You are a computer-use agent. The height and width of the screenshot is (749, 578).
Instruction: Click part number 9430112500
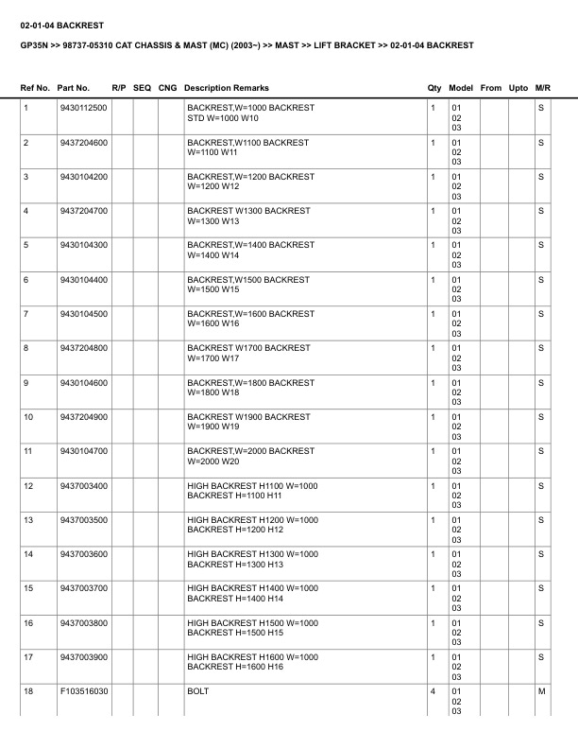[x=83, y=108]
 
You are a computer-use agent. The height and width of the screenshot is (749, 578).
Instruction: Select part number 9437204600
[x=83, y=142]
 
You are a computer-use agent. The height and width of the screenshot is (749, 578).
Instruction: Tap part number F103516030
[x=83, y=691]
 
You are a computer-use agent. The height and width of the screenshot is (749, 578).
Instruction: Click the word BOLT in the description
[x=198, y=691]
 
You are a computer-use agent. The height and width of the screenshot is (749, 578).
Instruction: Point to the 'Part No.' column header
[x=74, y=88]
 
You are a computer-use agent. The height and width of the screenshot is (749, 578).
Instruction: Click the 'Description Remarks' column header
[x=227, y=88]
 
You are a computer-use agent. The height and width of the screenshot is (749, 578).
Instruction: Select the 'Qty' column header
[x=434, y=88]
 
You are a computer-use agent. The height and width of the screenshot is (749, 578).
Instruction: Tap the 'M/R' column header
[x=542, y=88]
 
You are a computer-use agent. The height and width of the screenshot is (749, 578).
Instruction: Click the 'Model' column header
[x=461, y=88]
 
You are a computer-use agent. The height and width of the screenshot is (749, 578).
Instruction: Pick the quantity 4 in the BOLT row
[x=433, y=691]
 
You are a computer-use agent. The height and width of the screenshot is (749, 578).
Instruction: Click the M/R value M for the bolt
[x=541, y=691]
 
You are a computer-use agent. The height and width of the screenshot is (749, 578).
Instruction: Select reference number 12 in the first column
[x=28, y=485]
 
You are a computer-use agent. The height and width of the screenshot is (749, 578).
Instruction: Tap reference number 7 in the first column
[x=25, y=313]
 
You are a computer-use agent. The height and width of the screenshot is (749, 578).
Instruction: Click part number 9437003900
[x=83, y=656]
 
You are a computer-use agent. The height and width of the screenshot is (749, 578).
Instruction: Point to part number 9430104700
[x=83, y=451]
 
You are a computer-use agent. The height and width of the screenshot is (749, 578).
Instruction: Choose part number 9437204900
[x=83, y=416]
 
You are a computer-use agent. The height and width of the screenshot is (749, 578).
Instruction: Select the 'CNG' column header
[x=167, y=88]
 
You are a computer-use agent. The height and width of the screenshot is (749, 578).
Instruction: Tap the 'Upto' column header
[x=518, y=88]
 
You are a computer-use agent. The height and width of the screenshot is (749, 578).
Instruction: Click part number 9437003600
[x=83, y=553]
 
